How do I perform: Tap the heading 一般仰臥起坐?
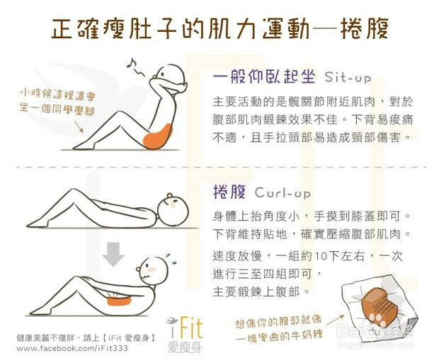[x=262, y=76]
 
